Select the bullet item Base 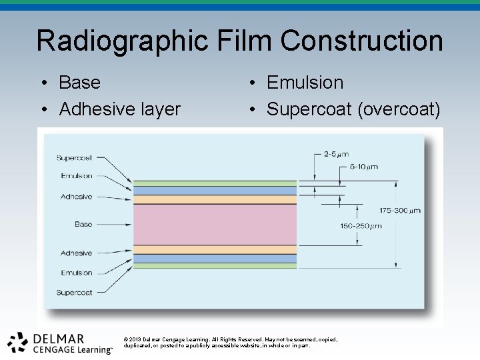(x=79, y=83)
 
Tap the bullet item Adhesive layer (x=119, y=109)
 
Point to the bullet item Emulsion (x=305, y=83)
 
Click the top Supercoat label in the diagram (x=74, y=158)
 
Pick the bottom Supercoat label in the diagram (x=74, y=293)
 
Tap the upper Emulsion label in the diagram (x=76, y=176)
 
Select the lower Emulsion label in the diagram (x=76, y=273)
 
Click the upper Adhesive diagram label (x=76, y=197)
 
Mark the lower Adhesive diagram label (x=76, y=253)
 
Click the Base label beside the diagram (x=83, y=225)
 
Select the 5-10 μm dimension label (x=363, y=166)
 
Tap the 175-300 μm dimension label (x=400, y=211)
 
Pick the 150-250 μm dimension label (x=361, y=226)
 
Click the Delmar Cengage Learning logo (x=60, y=342)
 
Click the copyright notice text (x=231, y=342)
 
